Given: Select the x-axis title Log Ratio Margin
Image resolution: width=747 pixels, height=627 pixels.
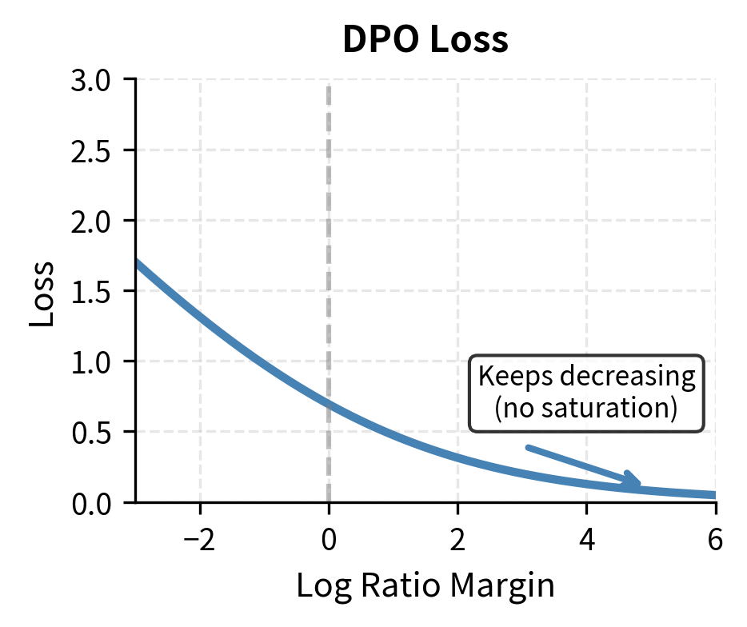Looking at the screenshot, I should coord(425,586).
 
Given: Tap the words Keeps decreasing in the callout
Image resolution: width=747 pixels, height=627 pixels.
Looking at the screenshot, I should coord(586,376).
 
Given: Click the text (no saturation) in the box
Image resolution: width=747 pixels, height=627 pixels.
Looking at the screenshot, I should coord(586,408).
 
